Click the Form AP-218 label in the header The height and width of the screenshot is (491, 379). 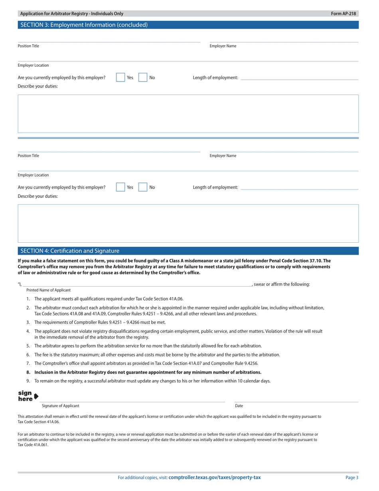click(343, 14)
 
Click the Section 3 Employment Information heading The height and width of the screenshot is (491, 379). click(84, 25)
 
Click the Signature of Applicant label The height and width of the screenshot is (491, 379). click(61, 406)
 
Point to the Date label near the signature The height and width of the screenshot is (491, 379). click(239, 406)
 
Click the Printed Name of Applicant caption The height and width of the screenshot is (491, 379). click(48, 290)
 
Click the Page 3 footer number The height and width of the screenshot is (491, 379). click(352, 478)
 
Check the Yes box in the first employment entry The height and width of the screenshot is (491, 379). click(120, 77)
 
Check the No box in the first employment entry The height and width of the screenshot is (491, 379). click(143, 77)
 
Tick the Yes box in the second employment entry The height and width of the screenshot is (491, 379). click(120, 187)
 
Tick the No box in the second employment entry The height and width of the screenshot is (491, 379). click(143, 187)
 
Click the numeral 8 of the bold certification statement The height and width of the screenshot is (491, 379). click(28, 372)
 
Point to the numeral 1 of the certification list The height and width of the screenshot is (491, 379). click(28, 299)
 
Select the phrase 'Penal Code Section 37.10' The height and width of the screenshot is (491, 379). click(301, 261)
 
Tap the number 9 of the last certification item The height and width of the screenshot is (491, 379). click(28, 381)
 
